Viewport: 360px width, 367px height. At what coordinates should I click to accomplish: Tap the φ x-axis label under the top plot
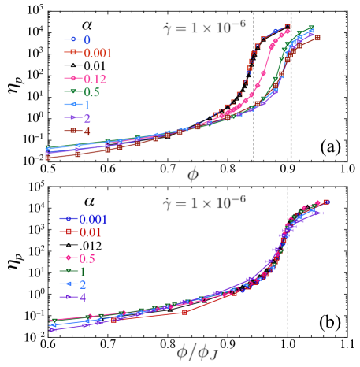[193, 173]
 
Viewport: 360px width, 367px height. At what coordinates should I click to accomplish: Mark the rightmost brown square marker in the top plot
[317, 37]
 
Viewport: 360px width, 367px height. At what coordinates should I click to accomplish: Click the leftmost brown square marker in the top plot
[48, 158]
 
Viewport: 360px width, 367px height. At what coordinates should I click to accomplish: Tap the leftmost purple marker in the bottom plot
[53, 329]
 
